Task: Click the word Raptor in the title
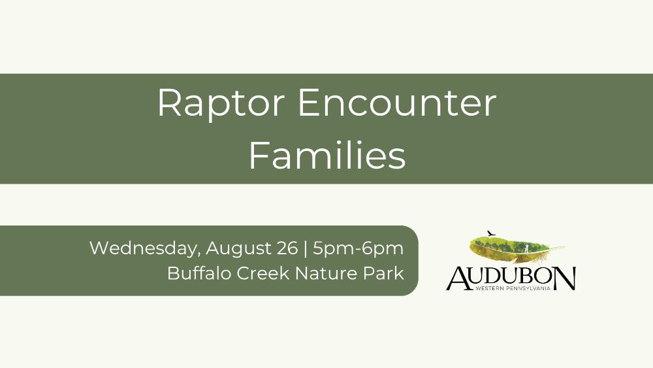pos(221,104)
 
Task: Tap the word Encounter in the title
pos(397,103)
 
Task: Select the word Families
pos(327,155)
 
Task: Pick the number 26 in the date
pos(287,248)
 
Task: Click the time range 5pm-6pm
pos(358,249)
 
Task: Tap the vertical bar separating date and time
pos(306,248)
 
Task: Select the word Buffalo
pos(199,273)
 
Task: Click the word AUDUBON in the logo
pos(511,278)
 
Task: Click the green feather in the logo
pos(517,248)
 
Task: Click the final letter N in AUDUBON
pos(565,278)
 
